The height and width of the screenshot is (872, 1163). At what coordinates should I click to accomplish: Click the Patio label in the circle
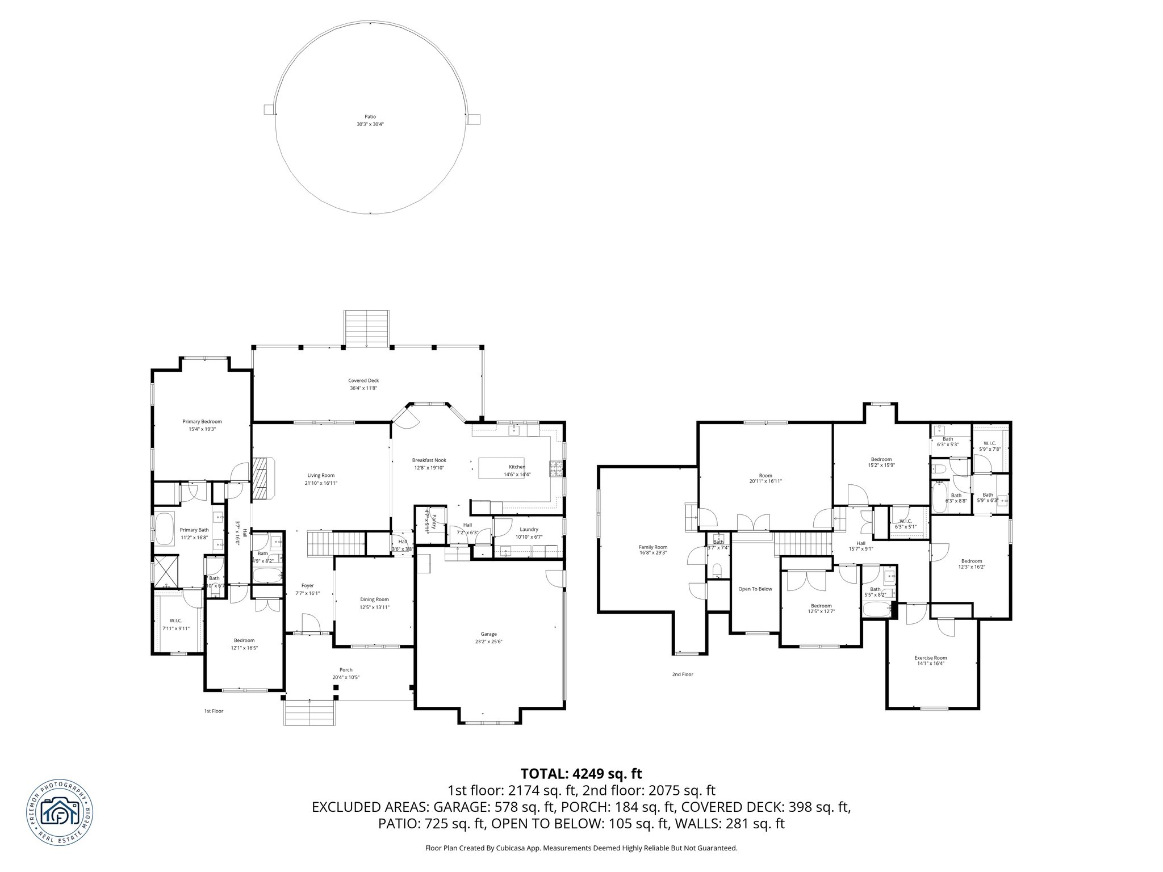click(x=370, y=116)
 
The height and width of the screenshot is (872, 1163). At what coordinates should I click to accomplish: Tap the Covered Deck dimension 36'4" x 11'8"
click(x=363, y=388)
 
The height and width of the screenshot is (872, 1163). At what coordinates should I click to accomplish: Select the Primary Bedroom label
click(x=202, y=421)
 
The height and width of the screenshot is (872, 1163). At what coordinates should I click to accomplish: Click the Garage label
click(x=488, y=634)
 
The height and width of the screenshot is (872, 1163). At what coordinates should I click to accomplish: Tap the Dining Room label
click(x=374, y=599)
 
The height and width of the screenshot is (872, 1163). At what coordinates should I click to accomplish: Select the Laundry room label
click(x=529, y=529)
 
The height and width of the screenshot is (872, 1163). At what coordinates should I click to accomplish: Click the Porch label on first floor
click(x=346, y=670)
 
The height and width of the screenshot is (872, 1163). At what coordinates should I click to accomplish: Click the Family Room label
click(x=653, y=547)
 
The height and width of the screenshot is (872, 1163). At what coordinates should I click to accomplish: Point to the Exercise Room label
click(x=930, y=658)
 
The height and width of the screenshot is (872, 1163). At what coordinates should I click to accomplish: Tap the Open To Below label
click(x=755, y=589)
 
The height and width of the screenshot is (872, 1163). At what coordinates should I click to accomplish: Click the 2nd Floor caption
click(x=682, y=674)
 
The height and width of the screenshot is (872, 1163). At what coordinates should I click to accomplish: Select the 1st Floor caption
click(x=214, y=711)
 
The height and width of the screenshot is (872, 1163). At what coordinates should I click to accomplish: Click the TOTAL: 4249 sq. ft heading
click(x=581, y=773)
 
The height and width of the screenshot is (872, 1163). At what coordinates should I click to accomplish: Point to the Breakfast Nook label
click(x=429, y=460)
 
